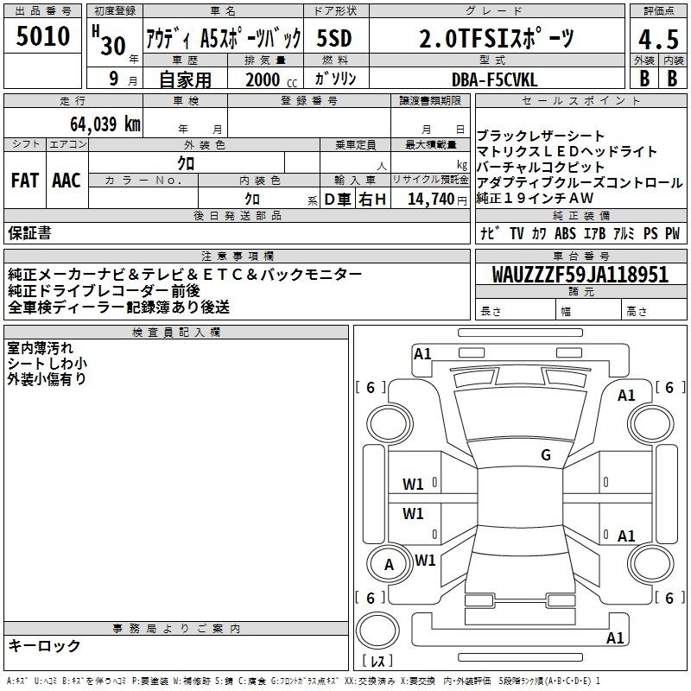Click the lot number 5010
43,36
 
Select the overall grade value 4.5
658,40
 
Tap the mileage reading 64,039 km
105,124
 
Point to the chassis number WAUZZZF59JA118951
580,274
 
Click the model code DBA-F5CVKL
494,79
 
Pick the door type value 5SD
334,38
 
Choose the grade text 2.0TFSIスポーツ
496,38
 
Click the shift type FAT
25,181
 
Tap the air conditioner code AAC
67,181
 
